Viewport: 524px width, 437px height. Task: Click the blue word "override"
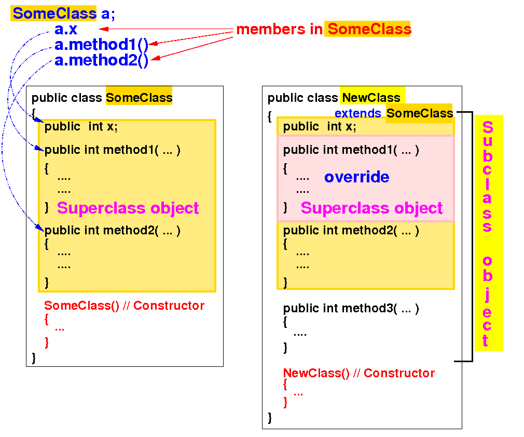356,177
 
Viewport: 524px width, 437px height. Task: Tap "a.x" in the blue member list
66,29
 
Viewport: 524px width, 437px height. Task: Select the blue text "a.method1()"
102,45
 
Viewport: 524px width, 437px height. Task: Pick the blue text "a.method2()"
102,61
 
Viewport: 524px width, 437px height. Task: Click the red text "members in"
279,30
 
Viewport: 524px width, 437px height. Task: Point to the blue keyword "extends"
357,113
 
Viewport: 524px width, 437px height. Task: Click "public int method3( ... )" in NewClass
351,309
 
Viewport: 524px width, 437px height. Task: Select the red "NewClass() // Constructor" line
358,373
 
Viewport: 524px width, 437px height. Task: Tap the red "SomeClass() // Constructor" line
124,306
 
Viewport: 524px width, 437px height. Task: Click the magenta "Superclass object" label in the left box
128,208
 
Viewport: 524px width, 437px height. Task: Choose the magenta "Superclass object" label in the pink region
371,208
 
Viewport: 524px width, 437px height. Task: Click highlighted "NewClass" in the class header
371,98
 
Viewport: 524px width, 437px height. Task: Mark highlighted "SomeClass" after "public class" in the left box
139,98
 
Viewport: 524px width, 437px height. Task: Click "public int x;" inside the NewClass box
320,127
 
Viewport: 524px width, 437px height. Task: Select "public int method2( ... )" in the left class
112,231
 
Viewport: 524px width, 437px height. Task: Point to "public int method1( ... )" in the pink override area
351,150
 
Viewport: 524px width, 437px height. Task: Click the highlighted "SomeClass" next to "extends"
420,113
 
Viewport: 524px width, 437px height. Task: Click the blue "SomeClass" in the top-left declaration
54,14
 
